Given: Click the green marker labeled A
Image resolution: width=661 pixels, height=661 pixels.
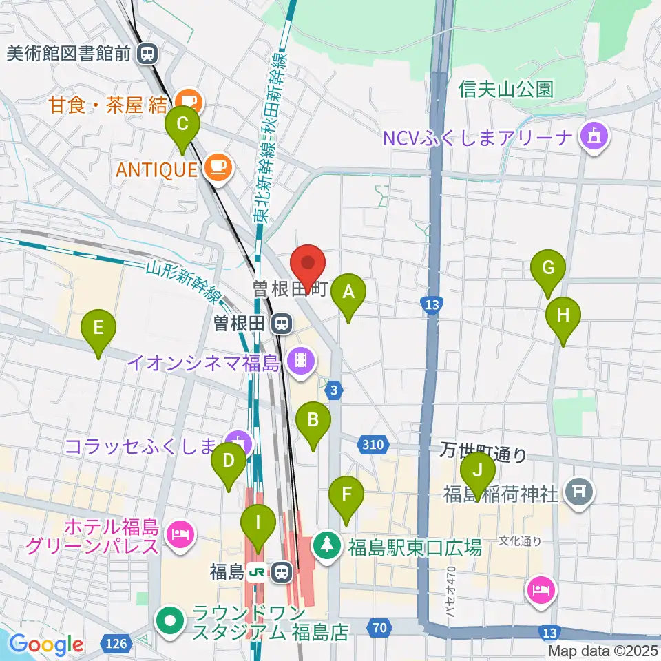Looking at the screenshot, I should [348, 294].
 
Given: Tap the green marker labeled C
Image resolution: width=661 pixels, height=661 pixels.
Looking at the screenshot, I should [182, 126].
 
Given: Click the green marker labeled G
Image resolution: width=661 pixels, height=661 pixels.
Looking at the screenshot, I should [548, 269].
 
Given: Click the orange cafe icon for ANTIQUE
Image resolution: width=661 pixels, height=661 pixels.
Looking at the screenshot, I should [218, 168].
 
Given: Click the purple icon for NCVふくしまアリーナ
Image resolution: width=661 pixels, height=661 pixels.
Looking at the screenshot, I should [594, 137].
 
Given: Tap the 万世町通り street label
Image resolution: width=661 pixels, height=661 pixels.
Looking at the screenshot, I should [483, 454].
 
